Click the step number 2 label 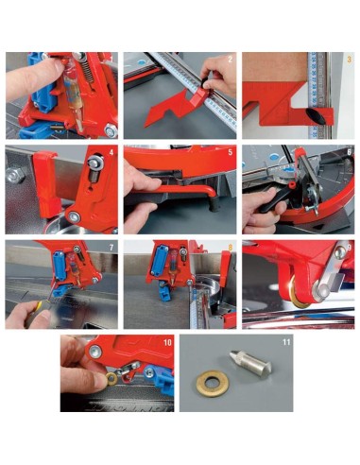click(x=231, y=60)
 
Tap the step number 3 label click(x=349, y=60)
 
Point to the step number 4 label click(x=112, y=151)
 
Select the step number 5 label click(x=230, y=151)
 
